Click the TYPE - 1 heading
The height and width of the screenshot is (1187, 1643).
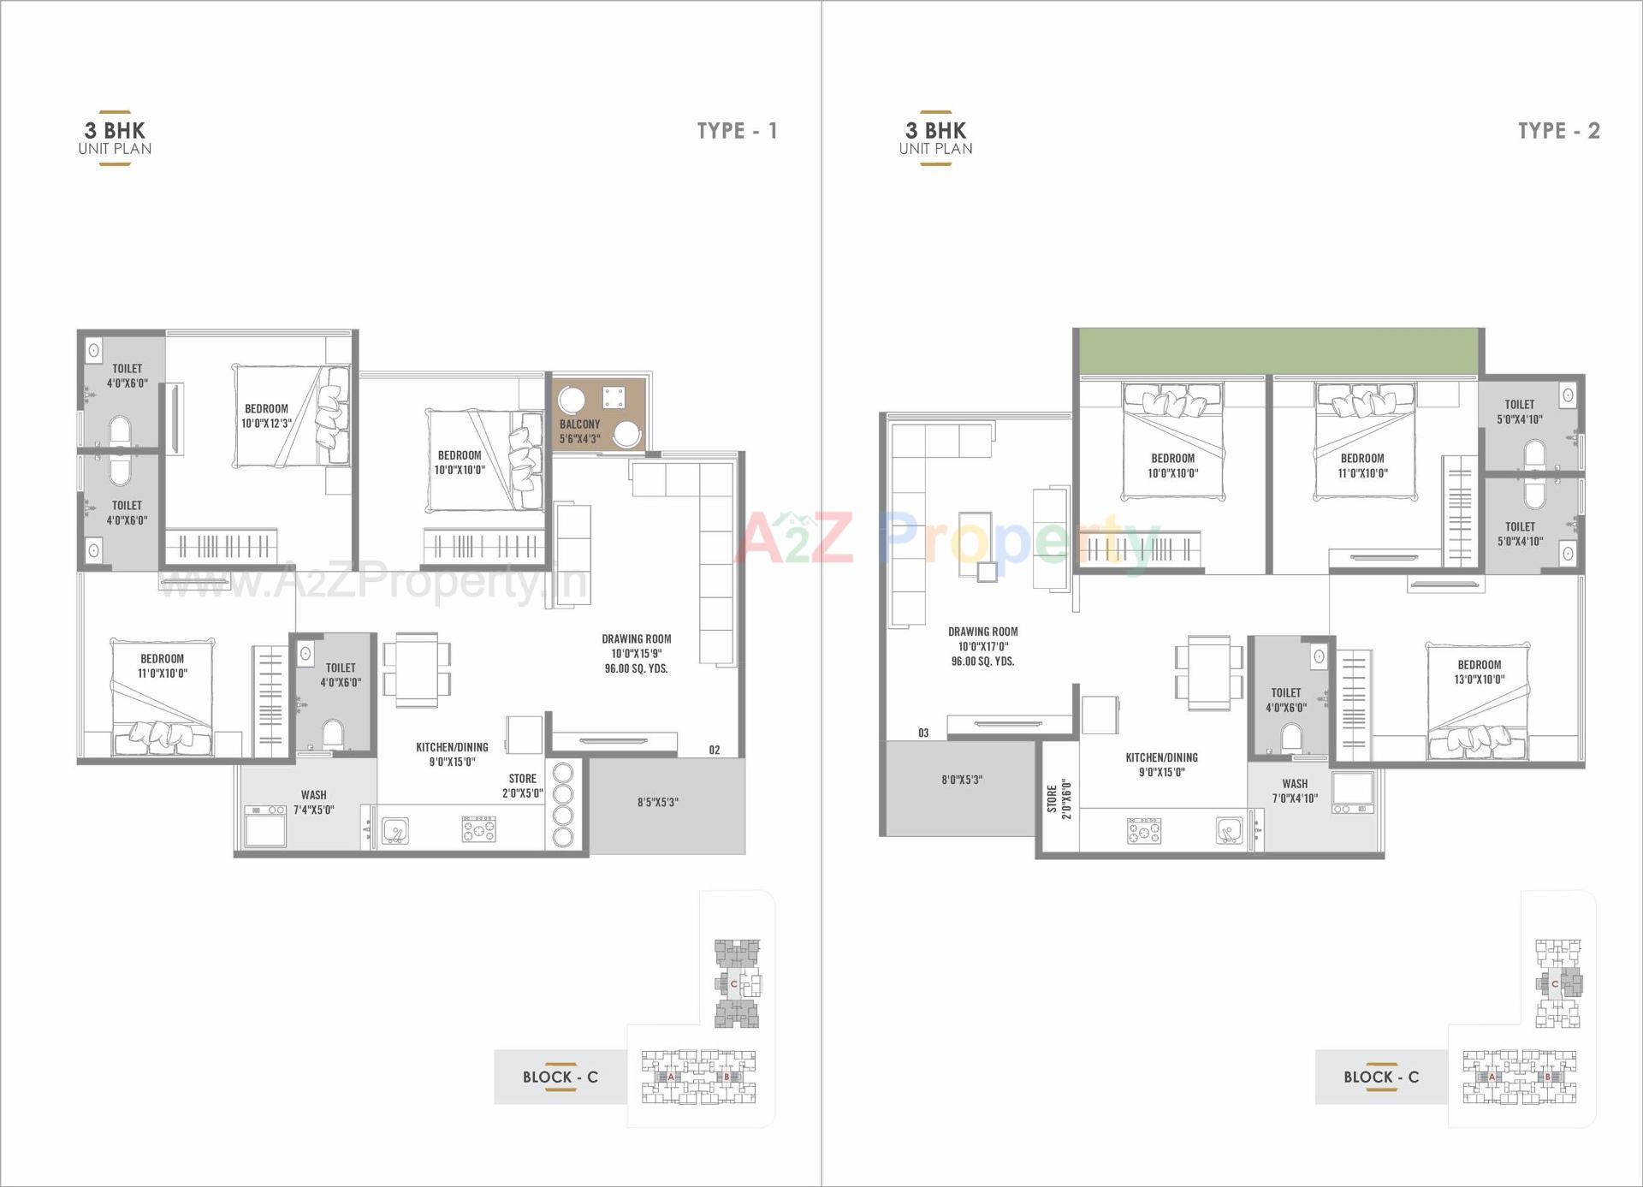[x=736, y=131]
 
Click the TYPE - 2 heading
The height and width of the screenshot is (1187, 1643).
[x=1557, y=131]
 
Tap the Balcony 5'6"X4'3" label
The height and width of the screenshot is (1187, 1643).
[x=579, y=431]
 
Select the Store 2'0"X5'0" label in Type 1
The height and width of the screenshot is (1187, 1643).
[x=522, y=786]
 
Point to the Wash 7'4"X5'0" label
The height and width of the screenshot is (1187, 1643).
[x=313, y=802]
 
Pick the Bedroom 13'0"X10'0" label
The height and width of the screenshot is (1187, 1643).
[x=1479, y=672]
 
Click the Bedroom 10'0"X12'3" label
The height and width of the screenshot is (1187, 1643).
[x=266, y=416]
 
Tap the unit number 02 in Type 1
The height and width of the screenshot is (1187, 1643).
[x=714, y=750]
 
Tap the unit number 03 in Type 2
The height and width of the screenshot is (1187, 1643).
[x=922, y=733]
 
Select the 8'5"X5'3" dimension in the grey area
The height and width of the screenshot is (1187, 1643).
[x=657, y=802]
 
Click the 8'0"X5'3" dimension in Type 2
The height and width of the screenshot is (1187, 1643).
[x=961, y=780]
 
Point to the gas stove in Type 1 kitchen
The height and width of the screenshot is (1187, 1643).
[x=478, y=828]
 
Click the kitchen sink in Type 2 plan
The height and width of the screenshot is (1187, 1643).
[x=1229, y=830]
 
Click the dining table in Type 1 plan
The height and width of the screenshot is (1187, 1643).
[x=417, y=670]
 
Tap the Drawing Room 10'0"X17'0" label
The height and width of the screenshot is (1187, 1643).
[x=982, y=646]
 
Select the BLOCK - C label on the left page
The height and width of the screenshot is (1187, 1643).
[x=560, y=1077]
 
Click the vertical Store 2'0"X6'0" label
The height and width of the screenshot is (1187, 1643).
[x=1059, y=799]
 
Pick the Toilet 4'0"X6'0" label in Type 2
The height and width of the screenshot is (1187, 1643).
[x=1285, y=700]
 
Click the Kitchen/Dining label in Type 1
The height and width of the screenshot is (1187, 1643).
[x=452, y=754]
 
